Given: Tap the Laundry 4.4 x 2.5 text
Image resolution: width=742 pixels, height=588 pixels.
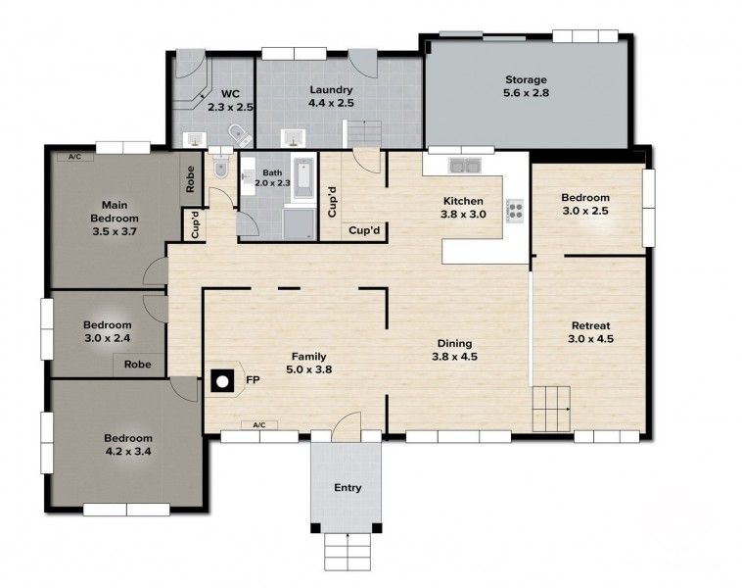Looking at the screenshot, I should [330, 95].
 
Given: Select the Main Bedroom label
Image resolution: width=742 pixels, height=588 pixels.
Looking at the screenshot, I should [115, 218].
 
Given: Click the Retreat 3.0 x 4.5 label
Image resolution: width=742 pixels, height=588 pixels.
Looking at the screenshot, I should [590, 332].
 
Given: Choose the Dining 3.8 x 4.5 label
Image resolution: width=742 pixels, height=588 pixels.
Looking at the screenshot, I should [454, 350].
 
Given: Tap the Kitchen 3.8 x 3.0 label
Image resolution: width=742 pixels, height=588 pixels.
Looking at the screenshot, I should [463, 208].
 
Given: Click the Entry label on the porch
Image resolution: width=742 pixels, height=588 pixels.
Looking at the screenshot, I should [348, 487].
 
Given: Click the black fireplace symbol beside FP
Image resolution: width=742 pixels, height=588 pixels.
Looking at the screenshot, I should [224, 380].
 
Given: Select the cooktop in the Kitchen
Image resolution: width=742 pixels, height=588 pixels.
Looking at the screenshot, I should [515, 211].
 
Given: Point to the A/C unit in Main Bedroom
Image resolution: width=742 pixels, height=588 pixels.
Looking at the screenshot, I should [74, 156].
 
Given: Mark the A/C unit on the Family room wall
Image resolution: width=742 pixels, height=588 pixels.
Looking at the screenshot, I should [259, 425].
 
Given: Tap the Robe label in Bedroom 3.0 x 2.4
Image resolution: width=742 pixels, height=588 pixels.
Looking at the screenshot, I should [137, 364].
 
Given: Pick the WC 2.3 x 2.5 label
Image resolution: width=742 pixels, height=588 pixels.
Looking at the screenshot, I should [231, 101].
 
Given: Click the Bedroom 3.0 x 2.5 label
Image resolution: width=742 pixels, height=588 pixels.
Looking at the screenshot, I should [585, 204].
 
